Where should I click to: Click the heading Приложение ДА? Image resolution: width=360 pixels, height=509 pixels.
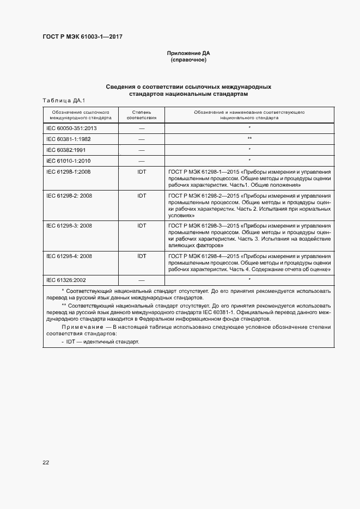[x=188, y=53]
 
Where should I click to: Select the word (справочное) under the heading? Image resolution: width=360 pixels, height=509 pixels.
[x=188, y=60]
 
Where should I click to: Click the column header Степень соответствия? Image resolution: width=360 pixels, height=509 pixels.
[x=142, y=114]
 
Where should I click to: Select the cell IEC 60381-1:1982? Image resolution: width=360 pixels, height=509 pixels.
[x=69, y=139]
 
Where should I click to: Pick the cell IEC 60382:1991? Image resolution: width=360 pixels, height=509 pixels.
[x=66, y=150]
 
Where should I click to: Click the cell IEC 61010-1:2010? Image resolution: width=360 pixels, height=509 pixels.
[x=69, y=161]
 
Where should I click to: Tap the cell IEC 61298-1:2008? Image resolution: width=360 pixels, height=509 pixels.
[x=69, y=171]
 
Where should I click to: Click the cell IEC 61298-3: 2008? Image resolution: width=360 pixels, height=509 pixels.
[x=69, y=225]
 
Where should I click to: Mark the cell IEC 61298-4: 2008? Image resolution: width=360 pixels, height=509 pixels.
[x=69, y=255]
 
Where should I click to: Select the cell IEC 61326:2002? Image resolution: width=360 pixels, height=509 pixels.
[x=66, y=279]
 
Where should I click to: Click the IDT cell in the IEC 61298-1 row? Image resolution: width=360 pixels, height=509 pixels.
[x=142, y=171]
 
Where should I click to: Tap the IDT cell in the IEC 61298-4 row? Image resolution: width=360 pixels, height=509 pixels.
[x=142, y=255]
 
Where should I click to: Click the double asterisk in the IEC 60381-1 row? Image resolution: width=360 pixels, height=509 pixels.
[x=249, y=139]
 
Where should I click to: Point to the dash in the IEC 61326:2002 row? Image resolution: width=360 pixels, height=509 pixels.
[x=142, y=280]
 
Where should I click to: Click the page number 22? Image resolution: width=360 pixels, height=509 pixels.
[x=46, y=462]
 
